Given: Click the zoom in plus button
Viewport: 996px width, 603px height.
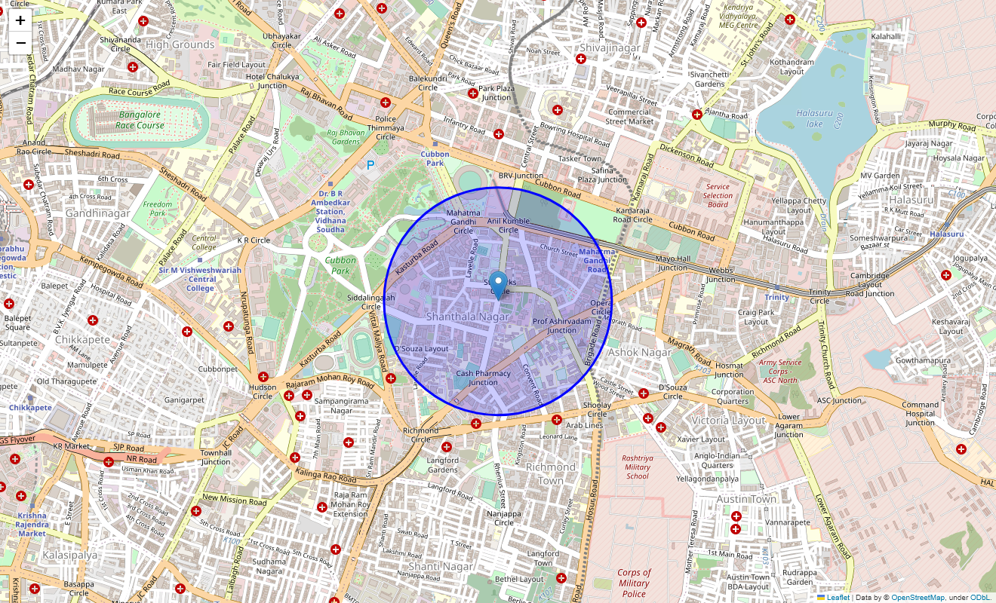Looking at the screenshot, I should pyautogui.click(x=20, y=20).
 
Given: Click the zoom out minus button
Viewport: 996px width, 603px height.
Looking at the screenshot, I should pyautogui.click(x=20, y=42).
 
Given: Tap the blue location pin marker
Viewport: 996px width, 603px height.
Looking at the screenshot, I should pyautogui.click(x=498, y=285).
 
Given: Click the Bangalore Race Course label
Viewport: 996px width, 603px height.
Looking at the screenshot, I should pyautogui.click(x=140, y=120).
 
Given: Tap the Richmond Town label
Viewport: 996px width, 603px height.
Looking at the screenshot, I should pyautogui.click(x=550, y=473).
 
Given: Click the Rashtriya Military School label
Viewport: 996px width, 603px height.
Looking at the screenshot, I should pyautogui.click(x=638, y=467).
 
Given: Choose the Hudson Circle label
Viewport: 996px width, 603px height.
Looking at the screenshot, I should pyautogui.click(x=263, y=391).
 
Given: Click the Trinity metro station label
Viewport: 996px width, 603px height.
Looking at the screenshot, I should pyautogui.click(x=776, y=297).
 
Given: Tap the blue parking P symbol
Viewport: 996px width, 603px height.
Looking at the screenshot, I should pyautogui.click(x=370, y=164).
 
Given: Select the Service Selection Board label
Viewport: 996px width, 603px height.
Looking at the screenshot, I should pyautogui.click(x=718, y=195).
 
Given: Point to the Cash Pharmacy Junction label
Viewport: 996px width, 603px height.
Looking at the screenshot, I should pyautogui.click(x=483, y=378).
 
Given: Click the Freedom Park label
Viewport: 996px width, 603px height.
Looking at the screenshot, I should pyautogui.click(x=158, y=209).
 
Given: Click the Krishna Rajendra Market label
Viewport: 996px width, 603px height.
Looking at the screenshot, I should pyautogui.click(x=32, y=525).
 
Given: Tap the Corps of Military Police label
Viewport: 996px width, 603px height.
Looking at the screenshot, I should pyautogui.click(x=634, y=583).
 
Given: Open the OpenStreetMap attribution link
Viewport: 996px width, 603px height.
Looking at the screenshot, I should pyautogui.click(x=918, y=598).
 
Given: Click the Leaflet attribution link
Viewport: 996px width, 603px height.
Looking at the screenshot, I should pyautogui.click(x=838, y=598).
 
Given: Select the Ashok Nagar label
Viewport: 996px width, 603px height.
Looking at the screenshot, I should pyautogui.click(x=639, y=352).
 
